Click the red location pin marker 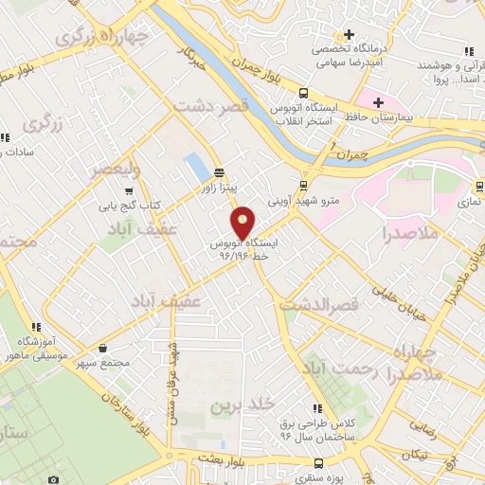click(x=243, y=222)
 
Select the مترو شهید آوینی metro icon click(x=303, y=186)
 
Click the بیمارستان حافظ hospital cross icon click(x=378, y=102)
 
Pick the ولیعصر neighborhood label click(x=115, y=170)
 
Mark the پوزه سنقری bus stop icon click(x=317, y=464)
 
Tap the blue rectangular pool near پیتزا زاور click(x=197, y=167)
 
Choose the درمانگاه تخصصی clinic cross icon click(x=349, y=35)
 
